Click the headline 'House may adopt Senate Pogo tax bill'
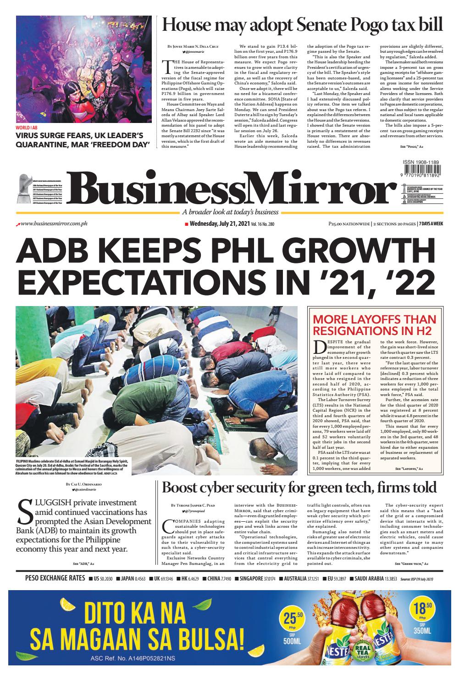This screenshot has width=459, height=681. [303, 24]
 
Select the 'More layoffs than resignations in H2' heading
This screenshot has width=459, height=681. [374, 325]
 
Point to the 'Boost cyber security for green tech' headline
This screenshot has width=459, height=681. [299, 487]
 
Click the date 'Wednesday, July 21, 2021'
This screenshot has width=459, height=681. [219, 224]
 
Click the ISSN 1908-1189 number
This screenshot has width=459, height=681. [420, 162]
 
